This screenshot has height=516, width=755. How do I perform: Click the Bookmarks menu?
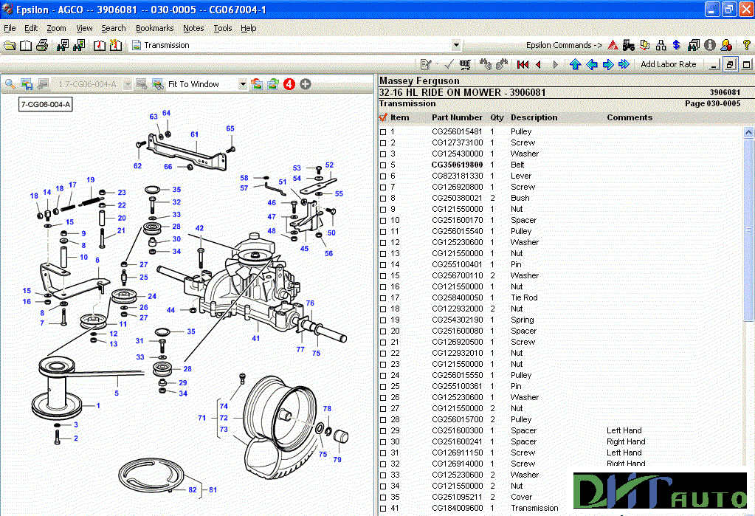point(154,28)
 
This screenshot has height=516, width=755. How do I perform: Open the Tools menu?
point(222,28)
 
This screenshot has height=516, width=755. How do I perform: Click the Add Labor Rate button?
point(668,64)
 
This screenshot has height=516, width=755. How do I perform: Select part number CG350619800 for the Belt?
point(457,165)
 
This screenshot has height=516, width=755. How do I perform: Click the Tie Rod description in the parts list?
point(524,297)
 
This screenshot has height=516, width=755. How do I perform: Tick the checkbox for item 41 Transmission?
point(383,508)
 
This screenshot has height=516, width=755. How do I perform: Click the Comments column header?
point(629,117)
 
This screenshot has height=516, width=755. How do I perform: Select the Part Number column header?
point(457,117)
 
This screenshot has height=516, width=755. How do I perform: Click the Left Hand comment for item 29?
point(624,430)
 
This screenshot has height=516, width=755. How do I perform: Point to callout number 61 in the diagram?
point(194,134)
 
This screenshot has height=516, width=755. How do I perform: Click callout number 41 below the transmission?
point(255,338)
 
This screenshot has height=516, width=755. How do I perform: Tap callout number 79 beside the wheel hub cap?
point(337,460)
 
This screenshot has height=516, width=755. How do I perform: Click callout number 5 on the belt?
point(116,393)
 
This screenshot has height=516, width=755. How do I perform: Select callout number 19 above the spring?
point(90,180)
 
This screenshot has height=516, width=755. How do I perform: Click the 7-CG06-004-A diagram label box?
point(46,105)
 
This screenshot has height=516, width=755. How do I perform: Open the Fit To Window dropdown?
point(242,84)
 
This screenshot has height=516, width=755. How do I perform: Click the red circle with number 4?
point(289,84)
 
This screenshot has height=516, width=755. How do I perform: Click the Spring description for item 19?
point(522,320)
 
